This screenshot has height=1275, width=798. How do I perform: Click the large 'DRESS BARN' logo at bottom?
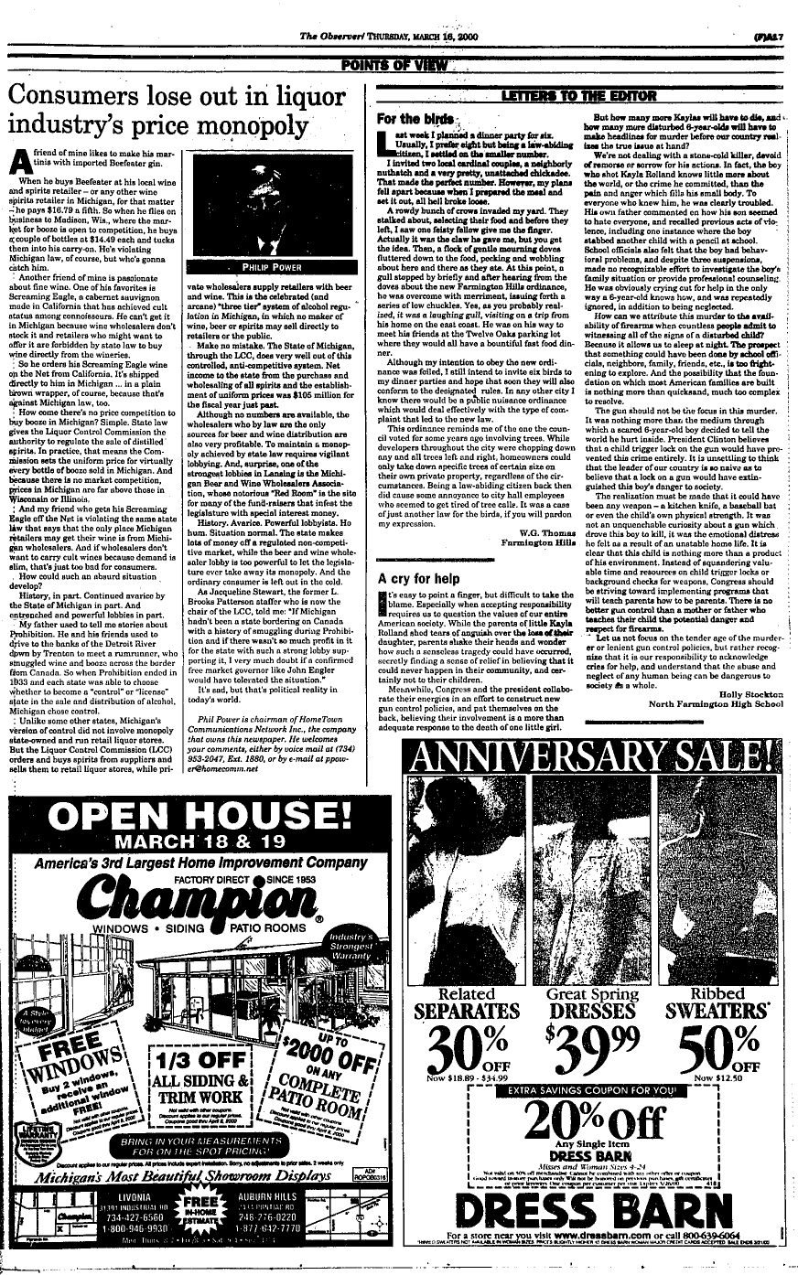pos(591,1219)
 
